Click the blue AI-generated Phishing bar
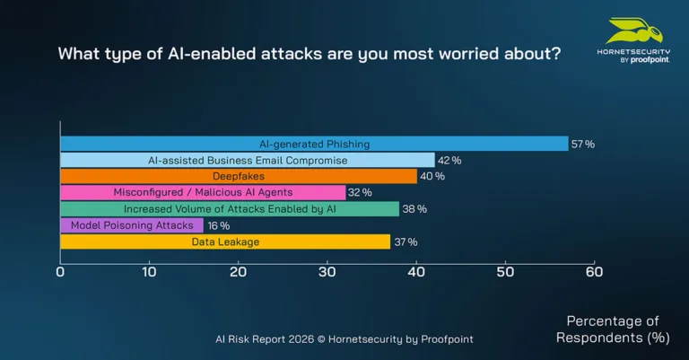(314, 144)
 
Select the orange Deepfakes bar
(238, 176)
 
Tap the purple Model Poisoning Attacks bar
(131, 225)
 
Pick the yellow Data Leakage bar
(225, 241)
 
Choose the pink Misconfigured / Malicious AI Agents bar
(202, 192)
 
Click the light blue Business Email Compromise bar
(247, 160)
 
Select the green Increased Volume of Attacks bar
(229, 208)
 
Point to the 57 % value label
(583, 144)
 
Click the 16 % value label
(218, 225)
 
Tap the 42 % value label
(449, 160)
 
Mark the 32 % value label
(360, 192)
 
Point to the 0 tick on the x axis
(60, 271)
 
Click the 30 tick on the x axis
(327, 271)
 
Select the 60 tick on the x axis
(593, 271)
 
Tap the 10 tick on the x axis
(149, 271)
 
